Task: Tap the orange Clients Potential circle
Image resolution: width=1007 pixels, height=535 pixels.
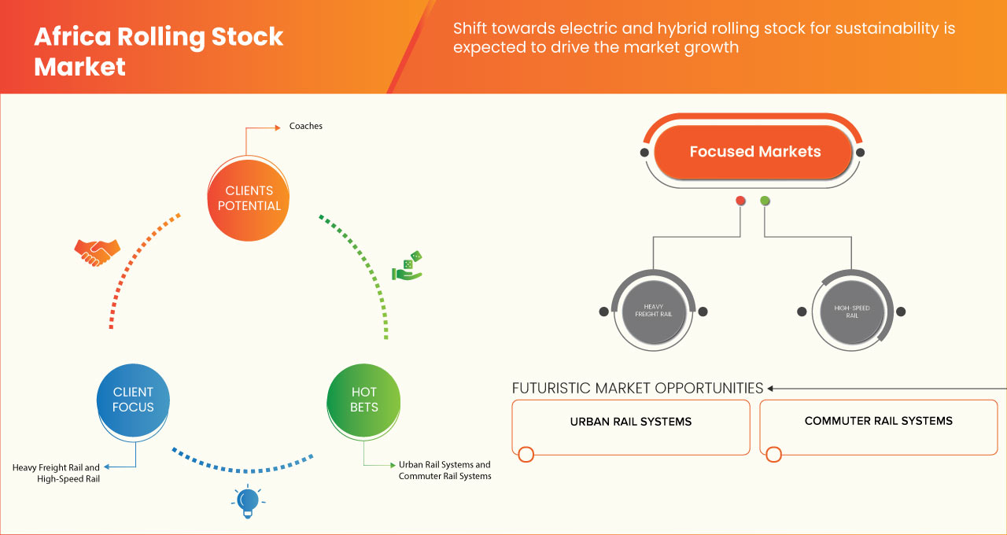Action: pyautogui.click(x=249, y=198)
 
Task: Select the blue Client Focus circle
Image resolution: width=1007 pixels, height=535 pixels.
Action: pyautogui.click(x=133, y=400)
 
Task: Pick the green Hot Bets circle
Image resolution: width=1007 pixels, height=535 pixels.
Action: pyautogui.click(x=363, y=400)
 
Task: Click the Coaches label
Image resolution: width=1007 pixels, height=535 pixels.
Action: pyautogui.click(x=305, y=126)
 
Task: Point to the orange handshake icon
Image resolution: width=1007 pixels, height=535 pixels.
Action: pyautogui.click(x=97, y=252)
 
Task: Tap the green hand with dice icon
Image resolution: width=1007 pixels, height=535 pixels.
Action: pyautogui.click(x=407, y=267)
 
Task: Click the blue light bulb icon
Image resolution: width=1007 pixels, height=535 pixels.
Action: pyautogui.click(x=248, y=501)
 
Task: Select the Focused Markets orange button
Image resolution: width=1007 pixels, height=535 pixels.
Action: pyautogui.click(x=754, y=152)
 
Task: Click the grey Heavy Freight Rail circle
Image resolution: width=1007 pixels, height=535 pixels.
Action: pyautogui.click(x=653, y=312)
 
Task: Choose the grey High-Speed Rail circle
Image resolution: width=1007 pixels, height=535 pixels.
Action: pyautogui.click(x=851, y=312)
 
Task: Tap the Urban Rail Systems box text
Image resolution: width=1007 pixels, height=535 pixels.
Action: pyautogui.click(x=630, y=422)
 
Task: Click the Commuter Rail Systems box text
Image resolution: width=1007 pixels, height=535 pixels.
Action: pyautogui.click(x=878, y=421)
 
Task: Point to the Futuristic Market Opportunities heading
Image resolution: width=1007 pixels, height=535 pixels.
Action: pyautogui.click(x=637, y=388)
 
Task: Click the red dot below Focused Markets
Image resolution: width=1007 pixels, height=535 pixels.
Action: pyautogui.click(x=740, y=201)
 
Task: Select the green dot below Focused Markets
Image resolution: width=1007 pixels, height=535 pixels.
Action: pyautogui.click(x=765, y=201)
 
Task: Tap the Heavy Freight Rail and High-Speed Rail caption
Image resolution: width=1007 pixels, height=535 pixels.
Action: pyautogui.click(x=57, y=473)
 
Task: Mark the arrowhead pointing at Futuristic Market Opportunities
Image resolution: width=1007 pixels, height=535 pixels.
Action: pyautogui.click(x=771, y=388)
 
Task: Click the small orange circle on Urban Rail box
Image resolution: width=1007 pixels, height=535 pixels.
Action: pyautogui.click(x=526, y=454)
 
